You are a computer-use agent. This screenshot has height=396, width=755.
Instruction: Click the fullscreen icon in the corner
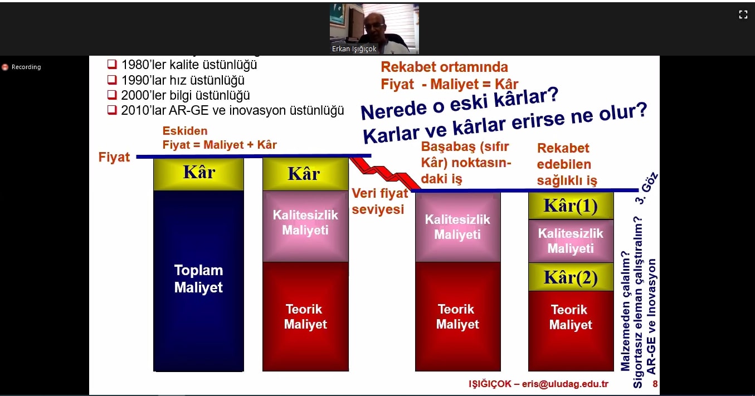(x=743, y=14)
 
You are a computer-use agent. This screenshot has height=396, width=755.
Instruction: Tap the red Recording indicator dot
(x=5, y=67)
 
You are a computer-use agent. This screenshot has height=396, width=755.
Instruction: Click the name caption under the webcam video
(x=354, y=49)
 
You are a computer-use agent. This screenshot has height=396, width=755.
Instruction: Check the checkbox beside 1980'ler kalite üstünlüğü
(x=112, y=64)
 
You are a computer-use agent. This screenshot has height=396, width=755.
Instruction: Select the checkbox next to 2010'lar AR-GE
(x=112, y=110)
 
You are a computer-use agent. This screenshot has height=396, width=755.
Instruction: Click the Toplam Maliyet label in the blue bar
(x=198, y=278)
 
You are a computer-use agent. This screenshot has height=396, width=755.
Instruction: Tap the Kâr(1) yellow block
(x=571, y=206)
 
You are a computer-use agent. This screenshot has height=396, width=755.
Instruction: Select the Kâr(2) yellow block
(x=571, y=277)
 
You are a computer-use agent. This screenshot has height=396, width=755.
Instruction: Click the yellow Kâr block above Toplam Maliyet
(x=198, y=174)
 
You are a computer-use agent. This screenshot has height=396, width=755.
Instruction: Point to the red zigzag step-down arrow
(x=385, y=173)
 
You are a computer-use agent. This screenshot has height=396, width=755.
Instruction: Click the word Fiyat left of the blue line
(x=114, y=157)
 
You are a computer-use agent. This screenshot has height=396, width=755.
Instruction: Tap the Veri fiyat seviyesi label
(x=380, y=201)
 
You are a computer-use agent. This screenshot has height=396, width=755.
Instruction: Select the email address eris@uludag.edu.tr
(x=565, y=384)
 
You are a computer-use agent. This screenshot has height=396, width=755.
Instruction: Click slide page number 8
(x=655, y=384)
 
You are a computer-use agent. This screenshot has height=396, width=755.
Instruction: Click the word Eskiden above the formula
(x=185, y=131)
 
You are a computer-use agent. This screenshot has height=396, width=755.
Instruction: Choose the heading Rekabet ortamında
(x=444, y=67)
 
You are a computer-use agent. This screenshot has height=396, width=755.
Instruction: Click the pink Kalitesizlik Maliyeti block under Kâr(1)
(x=571, y=241)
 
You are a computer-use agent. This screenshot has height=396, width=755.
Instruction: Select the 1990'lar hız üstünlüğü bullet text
(x=183, y=80)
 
